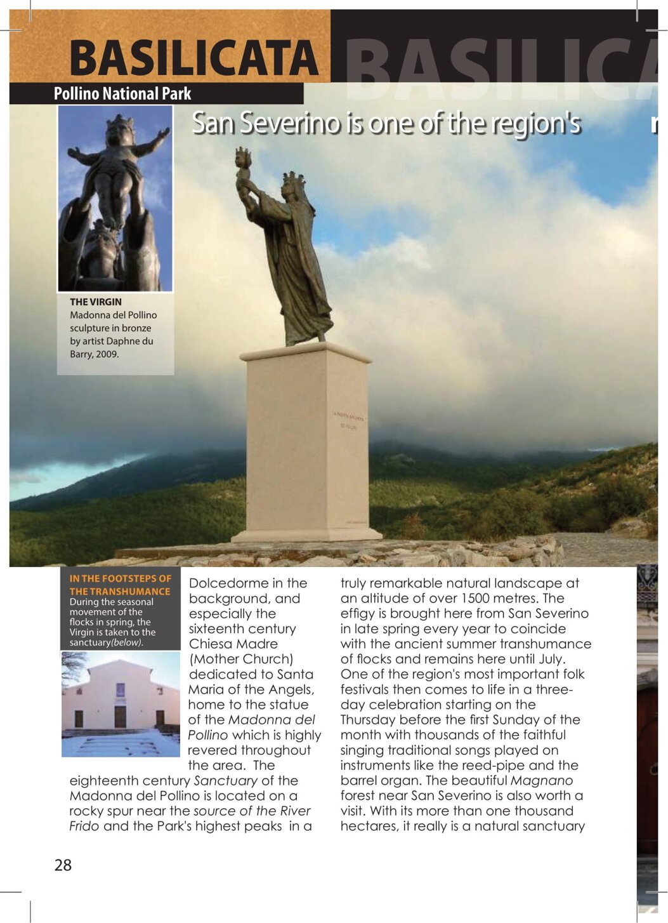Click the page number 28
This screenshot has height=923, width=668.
pos(63,865)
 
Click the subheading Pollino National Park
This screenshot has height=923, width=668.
pos(122,94)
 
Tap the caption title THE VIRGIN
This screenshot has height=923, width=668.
pos(95,302)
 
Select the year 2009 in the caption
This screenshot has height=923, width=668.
pos(106,354)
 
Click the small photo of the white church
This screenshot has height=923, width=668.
pos(121,704)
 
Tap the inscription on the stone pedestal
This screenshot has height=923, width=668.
pos(348,422)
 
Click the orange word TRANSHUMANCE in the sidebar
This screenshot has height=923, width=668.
pos(129,592)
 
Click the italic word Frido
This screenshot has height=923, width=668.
pos(84,827)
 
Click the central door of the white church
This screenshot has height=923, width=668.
pos(120,716)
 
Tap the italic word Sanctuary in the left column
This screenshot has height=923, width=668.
pos(225,781)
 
